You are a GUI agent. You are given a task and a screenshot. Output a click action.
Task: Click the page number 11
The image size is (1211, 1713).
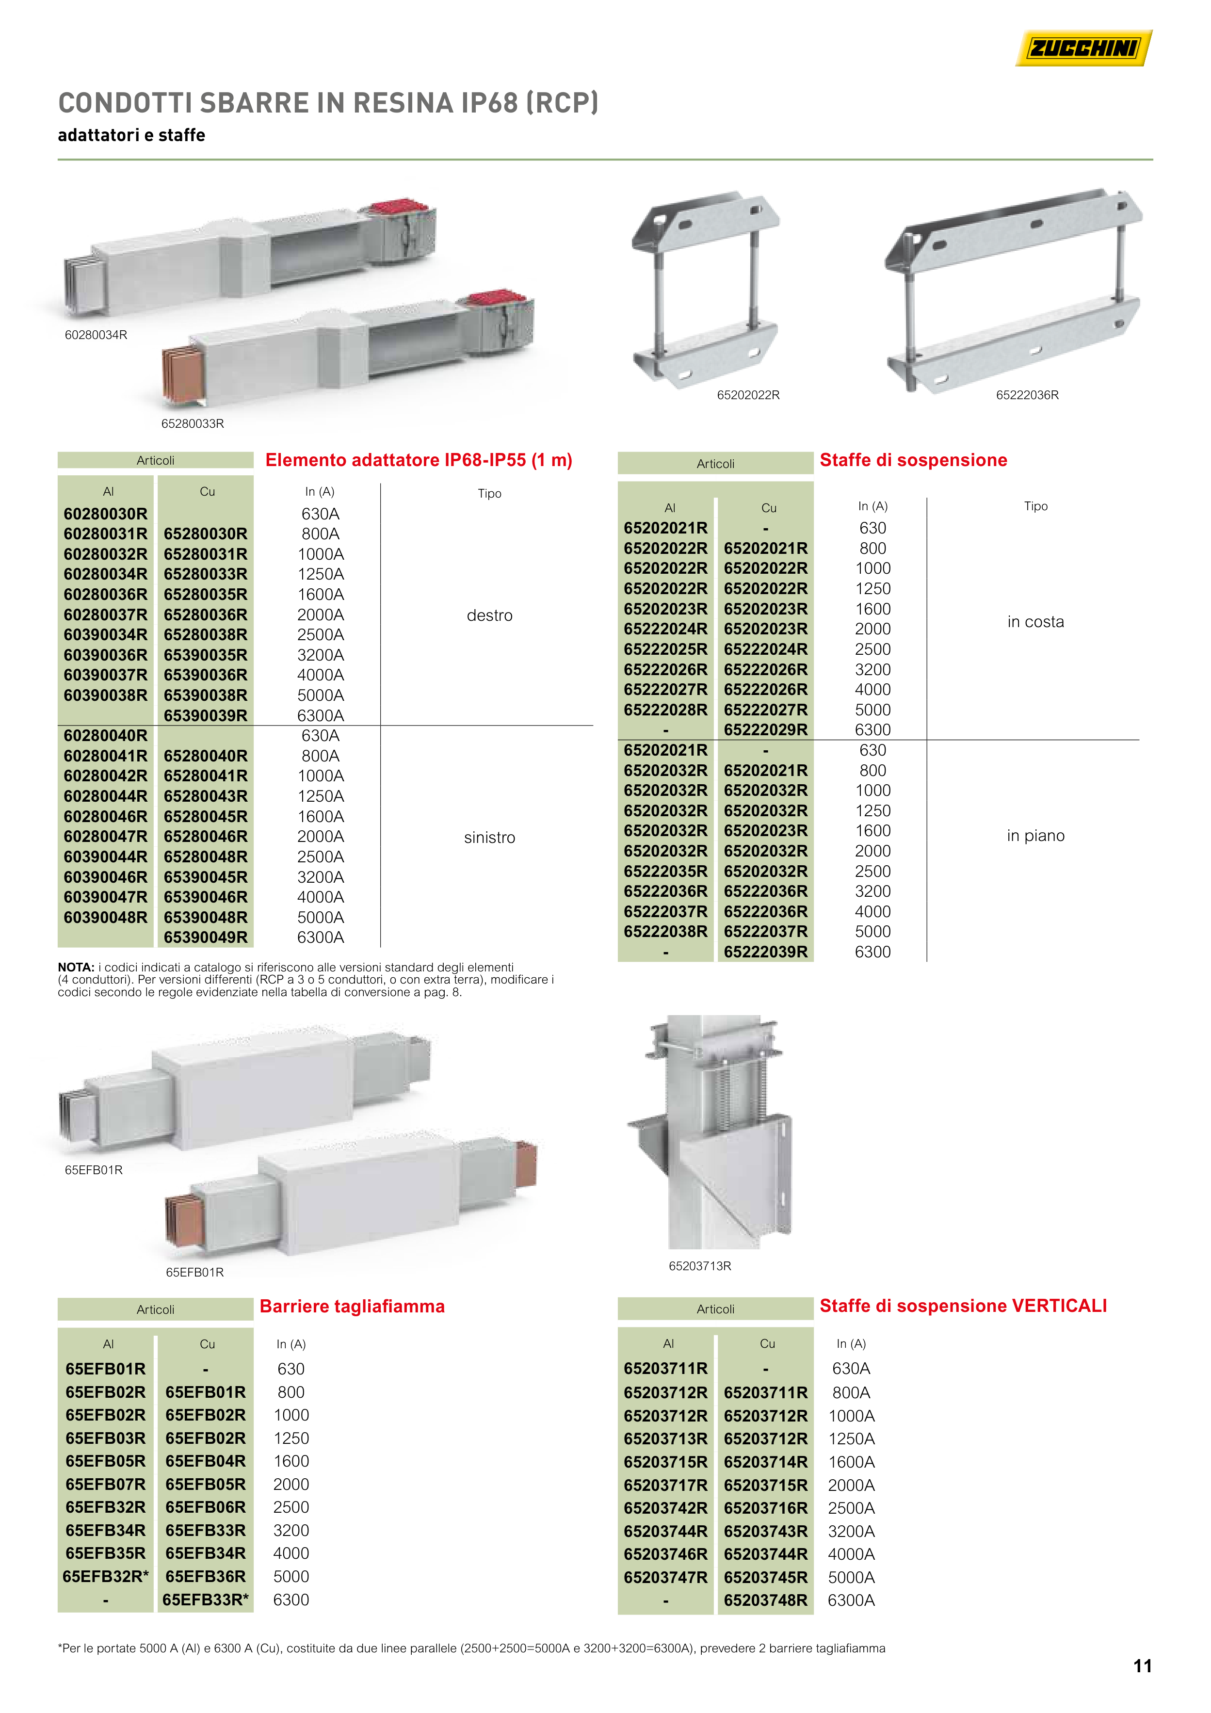pos(1142,1666)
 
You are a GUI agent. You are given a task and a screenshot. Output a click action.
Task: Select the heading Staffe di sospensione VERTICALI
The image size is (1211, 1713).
pos(963,1306)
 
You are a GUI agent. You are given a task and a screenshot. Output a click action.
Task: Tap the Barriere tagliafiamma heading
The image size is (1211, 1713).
pos(352,1307)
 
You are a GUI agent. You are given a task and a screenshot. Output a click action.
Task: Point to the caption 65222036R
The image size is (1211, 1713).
pos(1028,395)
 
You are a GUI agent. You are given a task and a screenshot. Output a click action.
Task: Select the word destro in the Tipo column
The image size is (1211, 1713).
pos(489,615)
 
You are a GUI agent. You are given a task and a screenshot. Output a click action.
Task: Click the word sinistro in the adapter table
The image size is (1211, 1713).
pos(489,838)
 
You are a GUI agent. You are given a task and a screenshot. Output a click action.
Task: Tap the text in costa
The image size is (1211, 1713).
pos(1035,622)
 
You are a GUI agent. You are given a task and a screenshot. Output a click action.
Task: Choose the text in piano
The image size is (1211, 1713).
pos(1035,836)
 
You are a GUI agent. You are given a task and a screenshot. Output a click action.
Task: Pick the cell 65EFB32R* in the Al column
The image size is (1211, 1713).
pos(106,1576)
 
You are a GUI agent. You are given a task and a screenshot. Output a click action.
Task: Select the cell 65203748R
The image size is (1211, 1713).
pos(766,1600)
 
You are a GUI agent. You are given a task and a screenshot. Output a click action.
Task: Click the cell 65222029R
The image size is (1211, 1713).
pos(766,729)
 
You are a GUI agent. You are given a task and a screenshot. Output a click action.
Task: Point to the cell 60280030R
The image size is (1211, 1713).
pos(105,514)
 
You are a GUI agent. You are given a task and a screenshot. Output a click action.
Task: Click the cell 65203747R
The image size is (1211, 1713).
pos(665,1577)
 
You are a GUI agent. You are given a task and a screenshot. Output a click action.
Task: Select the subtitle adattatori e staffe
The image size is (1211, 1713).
pos(131,135)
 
